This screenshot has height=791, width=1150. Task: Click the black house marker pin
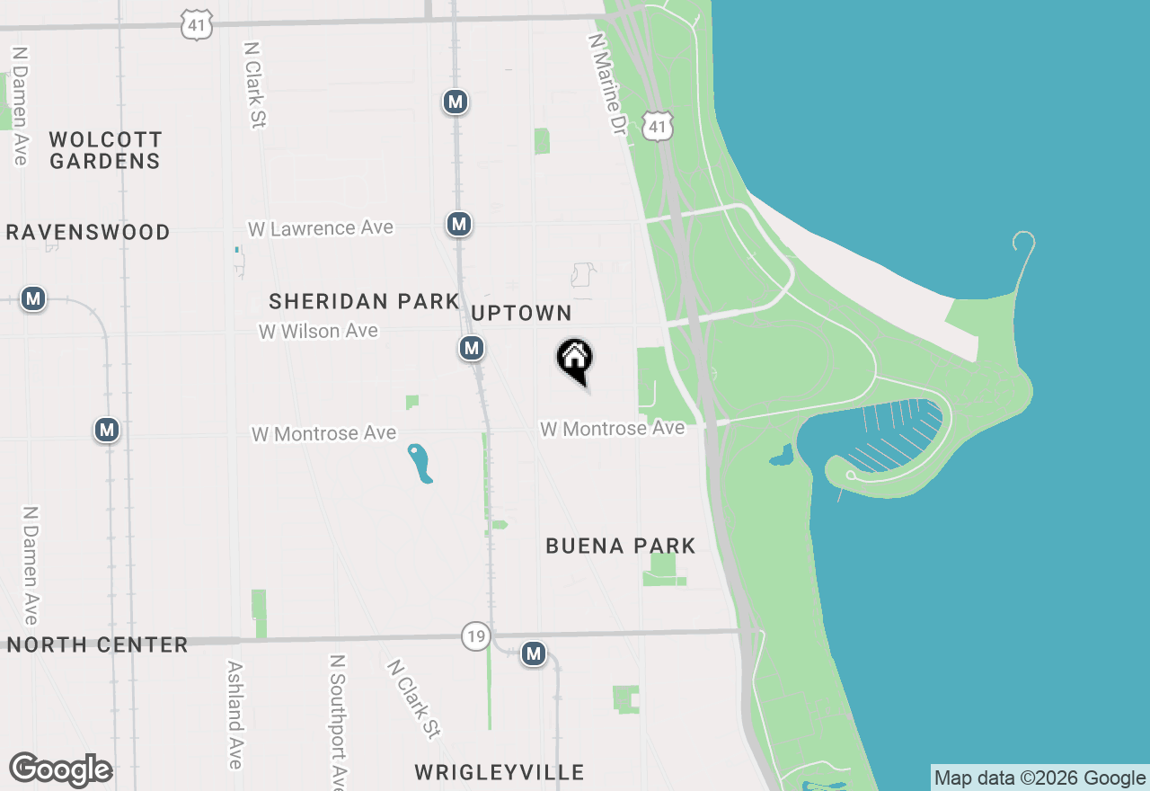pyautogui.click(x=575, y=360)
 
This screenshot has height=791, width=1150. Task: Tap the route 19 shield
pyautogui.click(x=476, y=636)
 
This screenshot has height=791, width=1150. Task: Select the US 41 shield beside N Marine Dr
pyautogui.click(x=659, y=127)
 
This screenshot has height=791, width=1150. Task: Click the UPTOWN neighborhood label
pyautogui.click(x=521, y=313)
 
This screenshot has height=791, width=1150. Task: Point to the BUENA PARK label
pyautogui.click(x=621, y=546)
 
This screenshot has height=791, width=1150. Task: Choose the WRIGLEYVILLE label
pyautogui.click(x=500, y=772)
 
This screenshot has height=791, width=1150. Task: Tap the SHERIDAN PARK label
pyautogui.click(x=364, y=301)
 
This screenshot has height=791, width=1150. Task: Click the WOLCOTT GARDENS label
pyautogui.click(x=105, y=150)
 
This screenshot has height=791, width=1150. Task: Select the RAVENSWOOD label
pyautogui.click(x=88, y=232)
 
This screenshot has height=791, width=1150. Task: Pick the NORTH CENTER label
pyautogui.click(x=98, y=644)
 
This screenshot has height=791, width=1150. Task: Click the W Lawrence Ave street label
pyautogui.click(x=321, y=228)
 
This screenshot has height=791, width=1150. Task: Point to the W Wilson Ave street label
pyautogui.click(x=318, y=331)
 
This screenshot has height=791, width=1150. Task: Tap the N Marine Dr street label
pyautogui.click(x=606, y=84)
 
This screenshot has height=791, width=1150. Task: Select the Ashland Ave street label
pyautogui.click(x=234, y=715)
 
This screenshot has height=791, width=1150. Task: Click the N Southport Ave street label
pyautogui.click(x=338, y=719)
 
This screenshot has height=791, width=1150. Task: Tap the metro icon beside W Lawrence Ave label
pyautogui.click(x=459, y=224)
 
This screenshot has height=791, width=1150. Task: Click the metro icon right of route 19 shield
pyautogui.click(x=534, y=653)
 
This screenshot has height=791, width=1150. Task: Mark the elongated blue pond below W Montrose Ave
pyautogui.click(x=420, y=464)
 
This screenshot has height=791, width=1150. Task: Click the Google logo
pyautogui.click(x=60, y=770)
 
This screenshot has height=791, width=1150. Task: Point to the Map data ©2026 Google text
pyautogui.click(x=1039, y=778)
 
